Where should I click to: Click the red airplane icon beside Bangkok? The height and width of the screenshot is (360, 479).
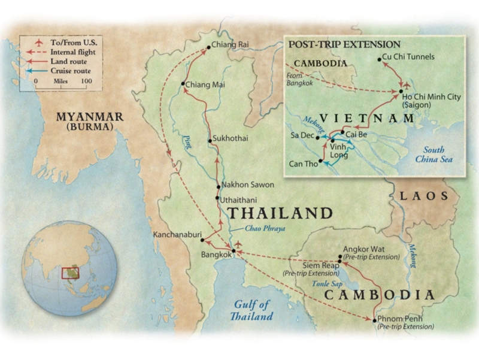tap(240, 244)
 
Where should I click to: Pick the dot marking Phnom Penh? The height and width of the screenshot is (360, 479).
tap(375, 319)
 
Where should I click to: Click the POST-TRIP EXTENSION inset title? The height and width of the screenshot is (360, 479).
tap(344, 44)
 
